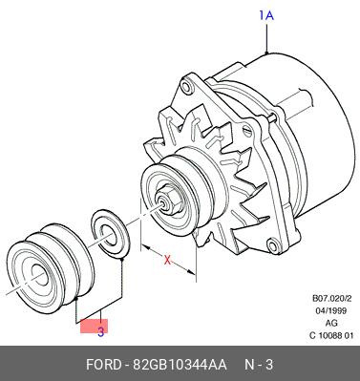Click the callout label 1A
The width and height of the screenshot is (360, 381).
266,15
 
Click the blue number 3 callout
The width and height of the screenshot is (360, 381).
100,332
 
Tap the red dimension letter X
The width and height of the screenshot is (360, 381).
167,260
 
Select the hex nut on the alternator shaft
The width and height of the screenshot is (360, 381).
170,200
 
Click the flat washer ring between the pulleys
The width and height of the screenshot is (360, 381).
110,233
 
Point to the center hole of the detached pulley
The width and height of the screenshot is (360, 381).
40,275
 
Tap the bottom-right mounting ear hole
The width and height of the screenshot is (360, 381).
273,246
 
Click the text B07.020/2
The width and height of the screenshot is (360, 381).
331,299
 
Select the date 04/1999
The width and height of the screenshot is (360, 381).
331,310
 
